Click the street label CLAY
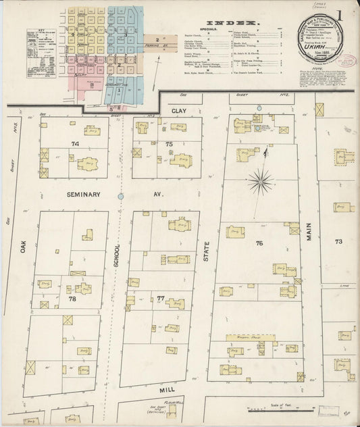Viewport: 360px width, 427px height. pyautogui.click(x=178, y=109)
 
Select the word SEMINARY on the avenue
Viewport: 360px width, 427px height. pyautogui.click(x=84, y=194)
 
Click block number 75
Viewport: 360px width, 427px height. pyautogui.click(x=170, y=144)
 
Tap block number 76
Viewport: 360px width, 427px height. pyautogui.click(x=259, y=242)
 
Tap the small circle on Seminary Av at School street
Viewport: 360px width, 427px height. pyautogui.click(x=121, y=196)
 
